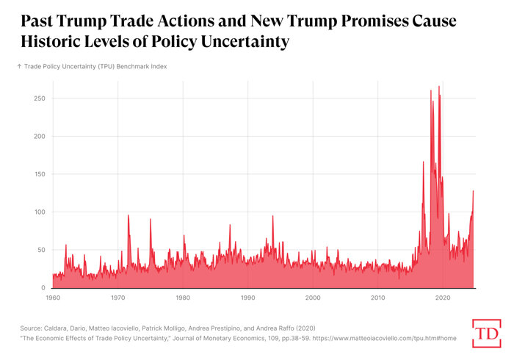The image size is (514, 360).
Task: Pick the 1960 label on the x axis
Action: (x=53, y=298)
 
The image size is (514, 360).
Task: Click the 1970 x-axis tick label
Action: (x=117, y=298)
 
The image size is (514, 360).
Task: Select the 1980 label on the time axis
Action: (x=183, y=298)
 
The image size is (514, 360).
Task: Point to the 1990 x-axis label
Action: (x=248, y=298)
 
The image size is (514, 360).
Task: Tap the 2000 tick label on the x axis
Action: (x=313, y=298)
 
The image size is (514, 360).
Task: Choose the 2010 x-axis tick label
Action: (x=378, y=298)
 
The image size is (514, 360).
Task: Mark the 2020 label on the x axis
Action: (x=444, y=298)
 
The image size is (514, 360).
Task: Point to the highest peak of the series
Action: (x=439, y=87)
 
